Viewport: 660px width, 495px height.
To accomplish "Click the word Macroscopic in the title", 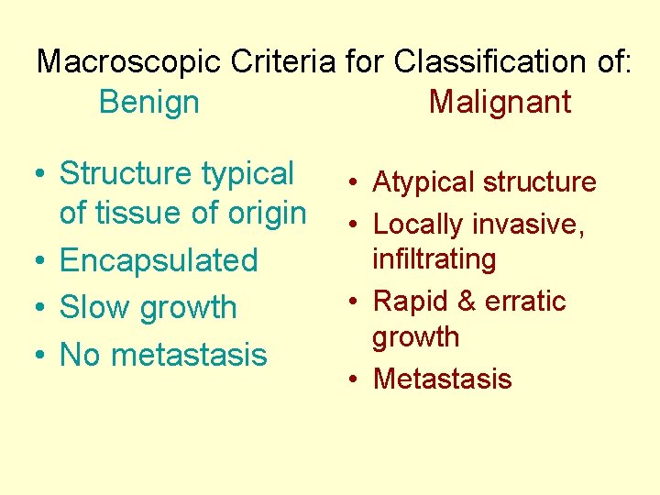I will point(129,62).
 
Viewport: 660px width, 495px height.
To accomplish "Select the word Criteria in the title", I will point(285,62).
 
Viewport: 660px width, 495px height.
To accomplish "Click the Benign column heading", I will point(148,102).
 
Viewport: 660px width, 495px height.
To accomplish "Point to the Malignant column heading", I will point(500,102).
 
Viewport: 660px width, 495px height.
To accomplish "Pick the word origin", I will point(262,214).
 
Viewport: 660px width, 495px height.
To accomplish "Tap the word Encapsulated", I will point(159,260).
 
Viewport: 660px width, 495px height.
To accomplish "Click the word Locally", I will point(421,223).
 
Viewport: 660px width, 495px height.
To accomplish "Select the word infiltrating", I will point(434,258).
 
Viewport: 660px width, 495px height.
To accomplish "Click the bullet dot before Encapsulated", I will point(42,261).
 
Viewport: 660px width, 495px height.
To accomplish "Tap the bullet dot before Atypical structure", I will point(355,183).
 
